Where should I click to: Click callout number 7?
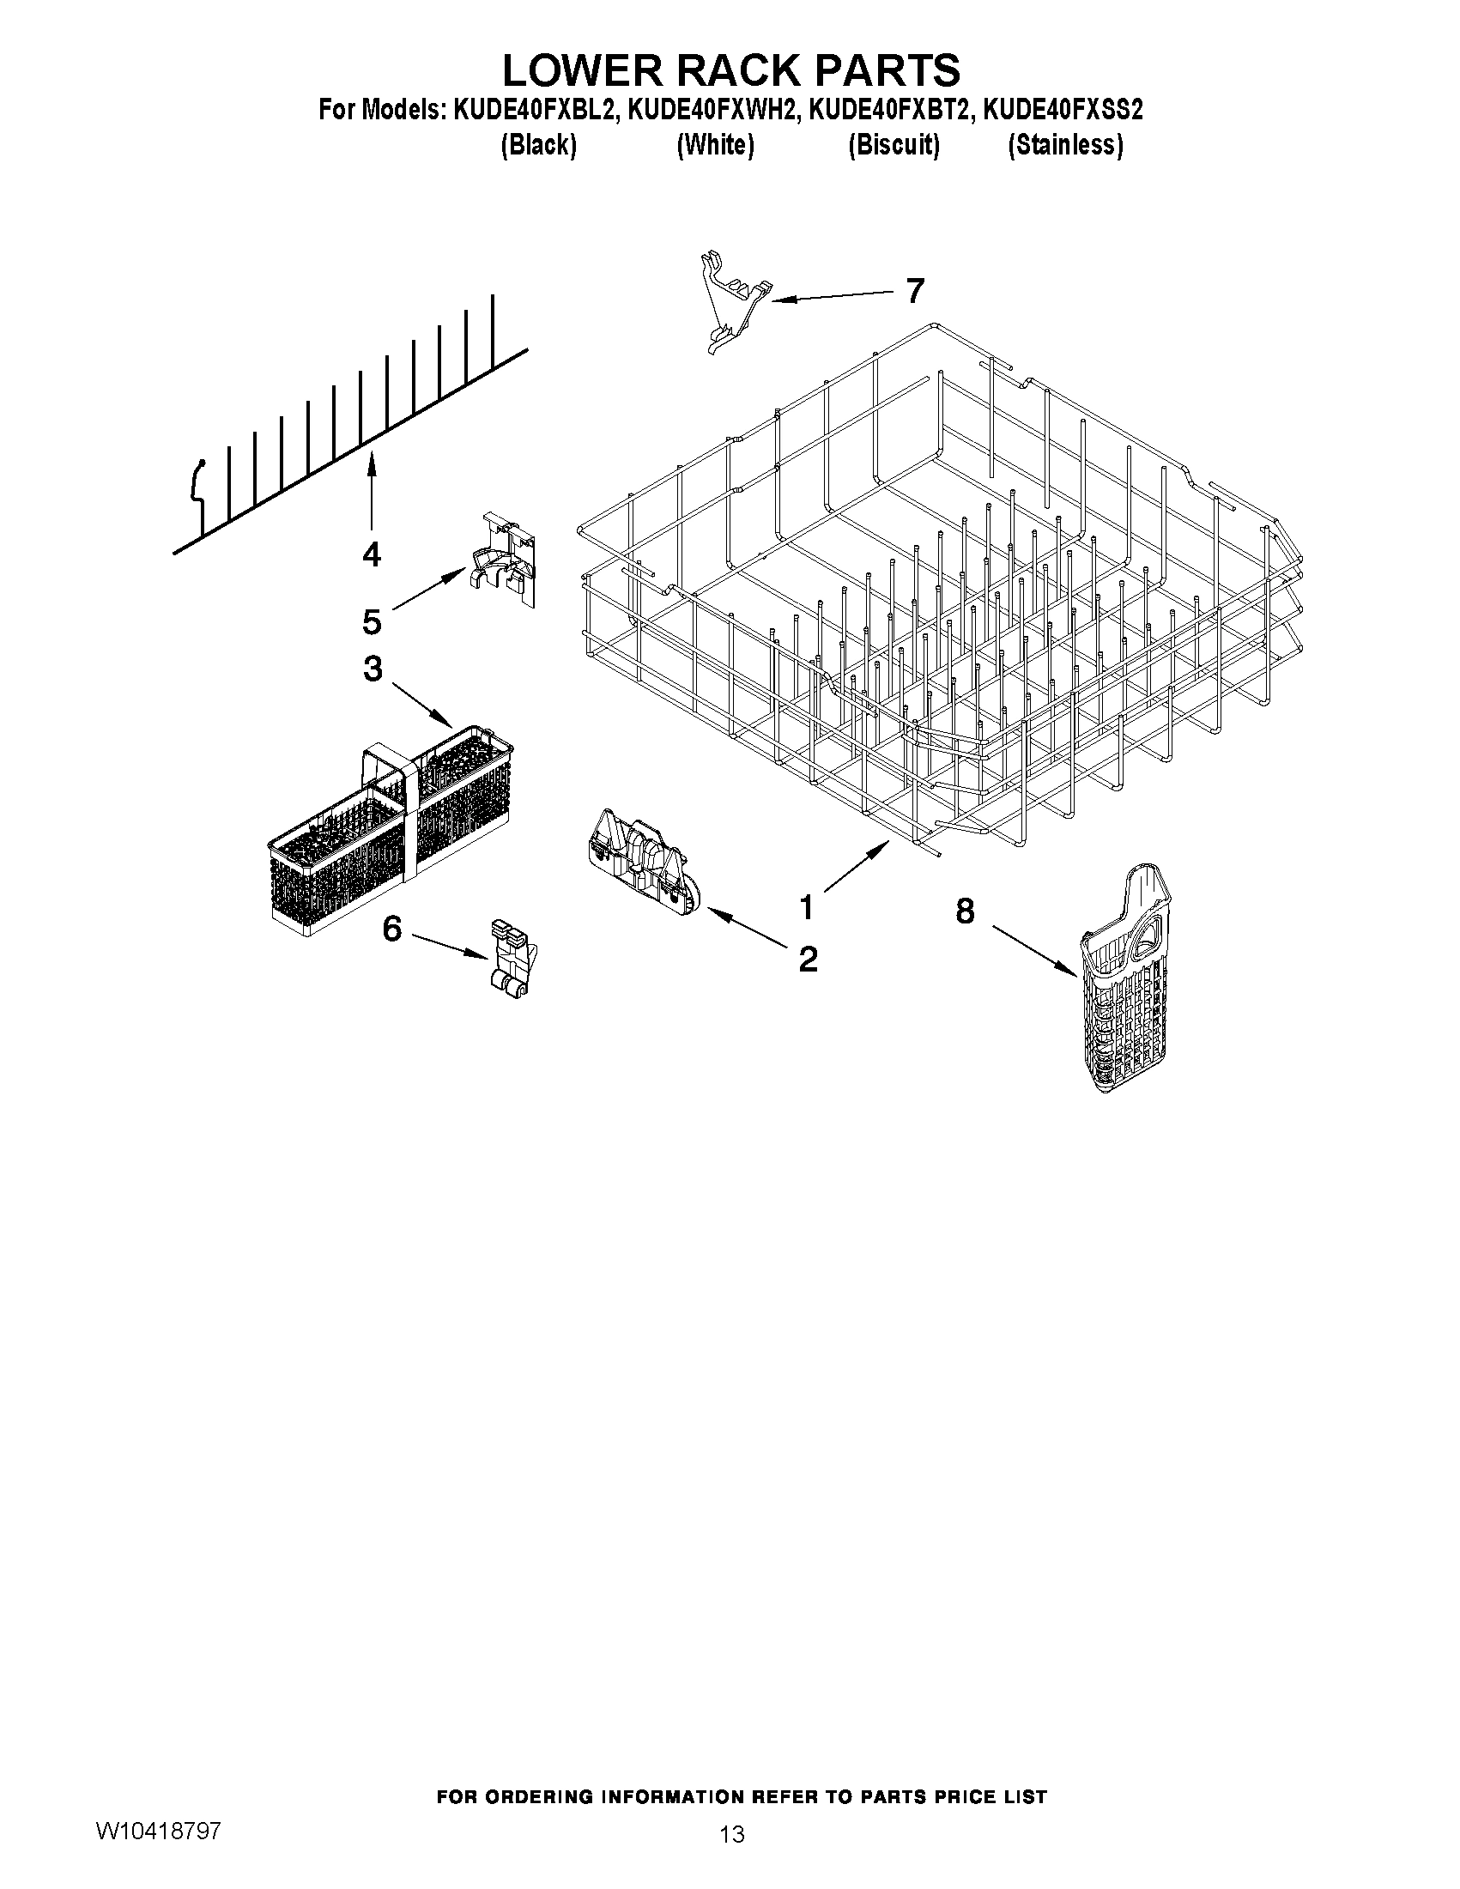[x=915, y=291]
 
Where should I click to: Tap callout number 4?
[x=371, y=554]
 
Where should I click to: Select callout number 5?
[x=372, y=621]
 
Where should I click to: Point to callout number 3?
[x=372, y=669]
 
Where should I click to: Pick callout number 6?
[x=391, y=929]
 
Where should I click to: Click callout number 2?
[x=808, y=959]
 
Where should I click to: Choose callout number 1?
[x=806, y=908]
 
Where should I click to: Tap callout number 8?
[x=965, y=911]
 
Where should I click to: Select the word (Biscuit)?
[x=894, y=145]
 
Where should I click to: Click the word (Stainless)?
[x=1065, y=145]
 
